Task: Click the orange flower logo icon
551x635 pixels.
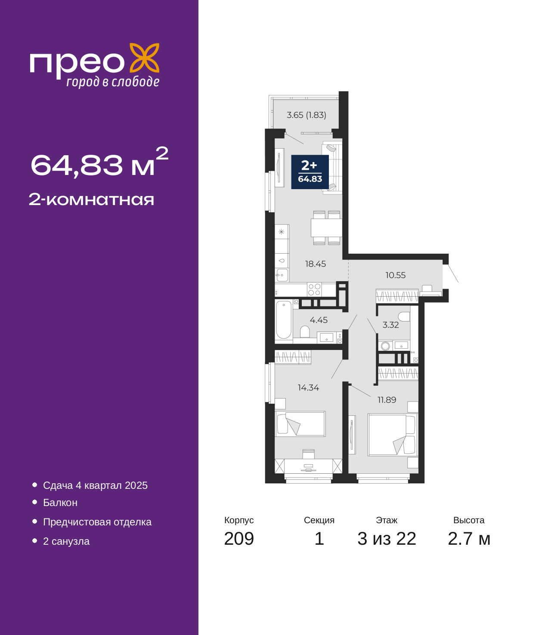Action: point(144,58)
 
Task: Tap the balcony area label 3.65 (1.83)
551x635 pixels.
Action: point(306,115)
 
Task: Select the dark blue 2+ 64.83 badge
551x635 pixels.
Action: point(310,172)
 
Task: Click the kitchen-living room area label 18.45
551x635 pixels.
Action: point(316,264)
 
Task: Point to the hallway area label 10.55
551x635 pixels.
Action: point(395,275)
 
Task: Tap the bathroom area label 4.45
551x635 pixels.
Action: point(319,320)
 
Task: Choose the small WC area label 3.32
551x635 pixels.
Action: point(390,325)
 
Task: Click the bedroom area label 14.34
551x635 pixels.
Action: point(308,387)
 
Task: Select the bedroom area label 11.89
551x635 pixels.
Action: point(387,400)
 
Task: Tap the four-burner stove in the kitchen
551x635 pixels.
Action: point(314,289)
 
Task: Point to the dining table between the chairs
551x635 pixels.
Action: point(326,227)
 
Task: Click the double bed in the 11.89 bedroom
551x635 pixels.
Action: point(393,435)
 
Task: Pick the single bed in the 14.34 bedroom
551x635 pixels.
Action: point(300,424)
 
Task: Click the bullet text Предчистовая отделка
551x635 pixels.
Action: point(97,521)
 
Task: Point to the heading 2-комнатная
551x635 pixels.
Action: point(91,199)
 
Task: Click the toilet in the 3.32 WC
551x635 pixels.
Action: point(404,317)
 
